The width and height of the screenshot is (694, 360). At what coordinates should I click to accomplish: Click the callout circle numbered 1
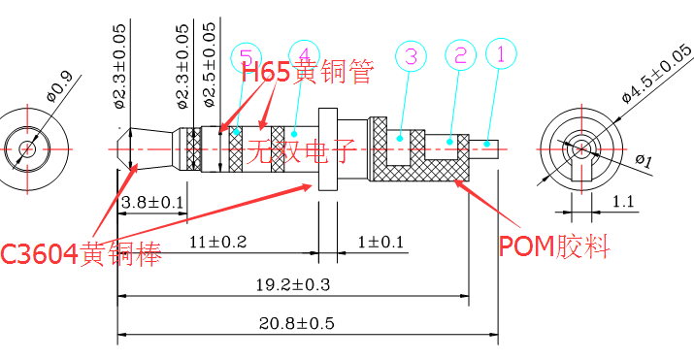click(x=501, y=55)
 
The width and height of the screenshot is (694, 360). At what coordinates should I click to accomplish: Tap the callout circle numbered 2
click(x=459, y=55)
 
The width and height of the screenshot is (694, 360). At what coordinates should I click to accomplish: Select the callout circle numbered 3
click(x=411, y=57)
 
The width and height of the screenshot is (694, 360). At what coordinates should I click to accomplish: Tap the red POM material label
click(x=554, y=247)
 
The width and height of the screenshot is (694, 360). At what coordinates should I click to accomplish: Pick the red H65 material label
click(x=306, y=72)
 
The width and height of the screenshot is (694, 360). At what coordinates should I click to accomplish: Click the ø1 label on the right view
click(x=644, y=159)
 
